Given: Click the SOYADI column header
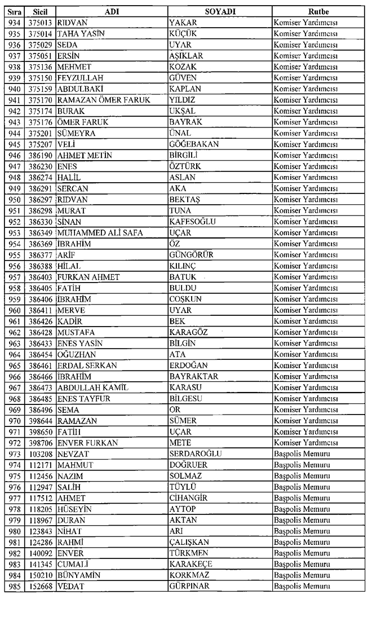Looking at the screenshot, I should pyautogui.click(x=219, y=11).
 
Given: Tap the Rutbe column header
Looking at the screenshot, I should pyautogui.click(x=318, y=11).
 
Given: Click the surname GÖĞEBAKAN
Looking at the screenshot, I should pyautogui.click(x=194, y=144).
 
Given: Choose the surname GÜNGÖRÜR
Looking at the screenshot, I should pyautogui.click(x=192, y=254).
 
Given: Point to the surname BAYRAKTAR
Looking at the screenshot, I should pyautogui.click(x=194, y=376).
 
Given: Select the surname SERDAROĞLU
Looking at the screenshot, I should pyautogui.click(x=196, y=454).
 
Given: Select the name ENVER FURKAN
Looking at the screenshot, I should pyautogui.click(x=87, y=443).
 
